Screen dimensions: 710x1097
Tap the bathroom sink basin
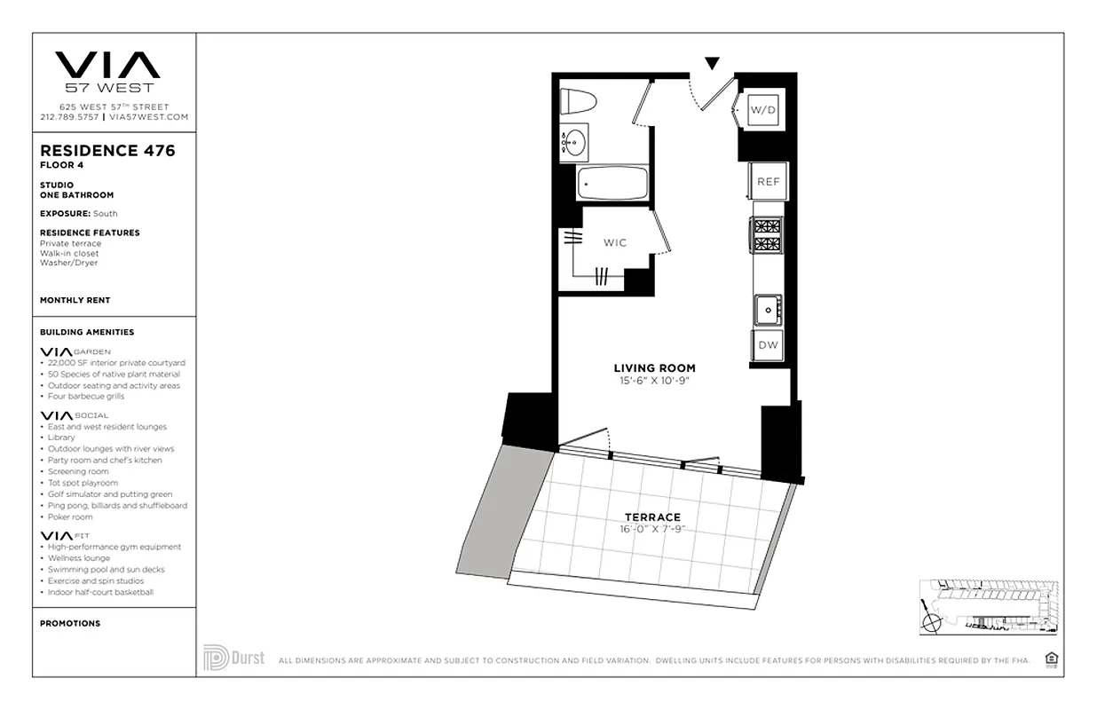pos(574,141)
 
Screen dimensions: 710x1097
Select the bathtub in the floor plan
pos(612,184)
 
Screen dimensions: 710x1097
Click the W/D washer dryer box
pos(762,111)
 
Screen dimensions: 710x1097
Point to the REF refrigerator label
pos(768,181)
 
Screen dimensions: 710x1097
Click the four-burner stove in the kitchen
pos(767,234)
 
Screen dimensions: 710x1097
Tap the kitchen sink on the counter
pos(767,311)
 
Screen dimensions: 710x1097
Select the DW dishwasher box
pos(768,346)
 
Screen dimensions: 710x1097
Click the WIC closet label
pos(615,242)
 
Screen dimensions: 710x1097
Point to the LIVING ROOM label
pos(654,367)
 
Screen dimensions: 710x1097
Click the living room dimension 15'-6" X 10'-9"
pos(654,381)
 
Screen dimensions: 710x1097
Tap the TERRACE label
pos(652,517)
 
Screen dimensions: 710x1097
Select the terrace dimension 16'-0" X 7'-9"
pos(652,530)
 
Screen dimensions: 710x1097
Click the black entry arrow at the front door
pos(712,63)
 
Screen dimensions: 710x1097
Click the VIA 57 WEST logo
pos(107,70)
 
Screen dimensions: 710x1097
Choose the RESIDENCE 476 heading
pos(107,151)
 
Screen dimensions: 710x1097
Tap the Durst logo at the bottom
pos(234,658)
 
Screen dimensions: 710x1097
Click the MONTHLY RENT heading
pos(75,301)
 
